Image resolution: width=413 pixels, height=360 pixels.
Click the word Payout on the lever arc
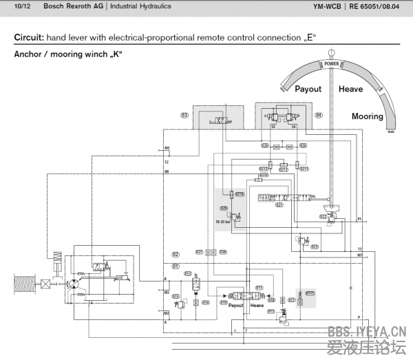click(x=308, y=89)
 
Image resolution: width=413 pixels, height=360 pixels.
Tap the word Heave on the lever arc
click(x=350, y=89)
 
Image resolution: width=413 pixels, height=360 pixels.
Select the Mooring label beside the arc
click(x=367, y=116)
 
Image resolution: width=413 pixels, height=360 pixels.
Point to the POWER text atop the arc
click(x=332, y=64)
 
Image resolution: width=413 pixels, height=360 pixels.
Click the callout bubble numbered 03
click(x=184, y=115)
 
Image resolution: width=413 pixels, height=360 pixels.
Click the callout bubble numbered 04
click(x=318, y=115)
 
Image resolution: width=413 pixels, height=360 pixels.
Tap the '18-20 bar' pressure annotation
click(x=223, y=222)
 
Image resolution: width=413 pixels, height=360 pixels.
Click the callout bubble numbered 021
click(x=279, y=204)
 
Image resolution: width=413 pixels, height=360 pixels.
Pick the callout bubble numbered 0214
click(x=240, y=195)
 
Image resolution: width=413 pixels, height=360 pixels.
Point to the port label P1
click(x=359, y=219)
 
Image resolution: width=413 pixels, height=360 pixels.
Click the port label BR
click(x=167, y=171)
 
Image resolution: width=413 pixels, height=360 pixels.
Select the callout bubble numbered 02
click(x=176, y=254)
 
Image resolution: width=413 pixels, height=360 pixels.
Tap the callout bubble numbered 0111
click(x=310, y=293)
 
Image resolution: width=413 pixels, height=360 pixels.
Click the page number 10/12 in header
click(x=22, y=6)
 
